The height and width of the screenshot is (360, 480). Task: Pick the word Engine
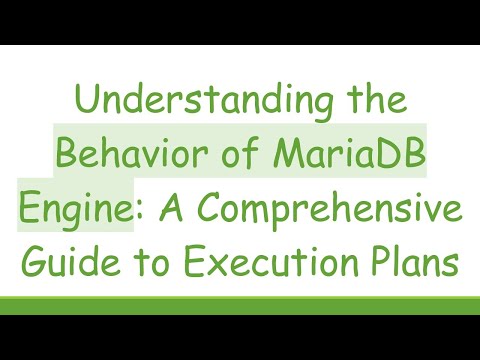[x=72, y=212]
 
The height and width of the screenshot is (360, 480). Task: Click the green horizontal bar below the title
[x=240, y=305]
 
